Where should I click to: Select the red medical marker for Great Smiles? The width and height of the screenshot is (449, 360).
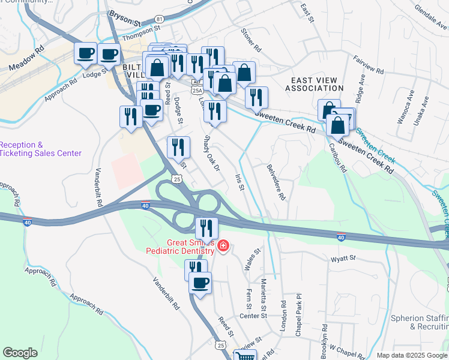pos(223,245)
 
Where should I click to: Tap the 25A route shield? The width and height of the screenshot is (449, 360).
pos(197,90)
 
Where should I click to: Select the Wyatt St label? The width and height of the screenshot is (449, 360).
pos(343,259)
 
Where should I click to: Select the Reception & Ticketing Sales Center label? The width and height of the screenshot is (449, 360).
pos(40,149)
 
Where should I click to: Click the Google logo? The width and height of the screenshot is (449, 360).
pos(20,353)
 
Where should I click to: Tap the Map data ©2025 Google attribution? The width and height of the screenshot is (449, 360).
pos(411,355)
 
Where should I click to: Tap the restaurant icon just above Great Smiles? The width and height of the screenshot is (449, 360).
pos(204,227)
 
